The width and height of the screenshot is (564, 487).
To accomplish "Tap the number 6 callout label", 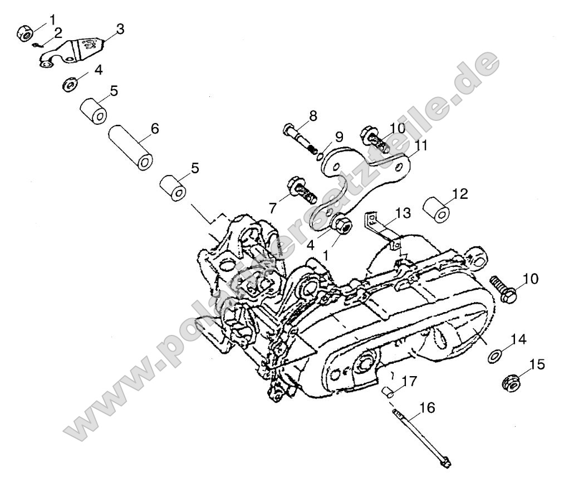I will pyautogui.click(x=154, y=129).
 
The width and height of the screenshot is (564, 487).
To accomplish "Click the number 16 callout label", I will pyautogui.click(x=428, y=408).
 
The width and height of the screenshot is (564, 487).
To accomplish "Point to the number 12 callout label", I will pyautogui.click(x=460, y=194).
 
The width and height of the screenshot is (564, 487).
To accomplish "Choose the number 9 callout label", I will pyautogui.click(x=339, y=137).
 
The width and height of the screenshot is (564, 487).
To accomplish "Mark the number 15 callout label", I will pyautogui.click(x=537, y=364).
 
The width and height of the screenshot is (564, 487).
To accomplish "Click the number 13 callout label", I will pyautogui.click(x=403, y=212).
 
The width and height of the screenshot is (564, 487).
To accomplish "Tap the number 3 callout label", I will pyautogui.click(x=120, y=28).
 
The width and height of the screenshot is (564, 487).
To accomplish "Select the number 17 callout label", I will pyautogui.click(x=409, y=382).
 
